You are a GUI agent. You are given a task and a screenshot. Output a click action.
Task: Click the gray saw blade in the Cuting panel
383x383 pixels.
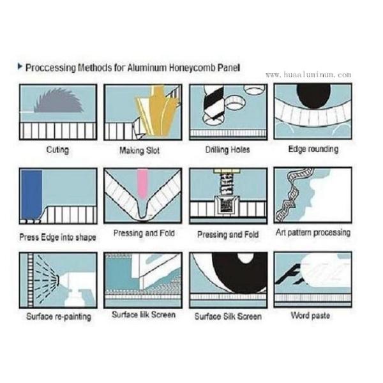[x=59, y=102]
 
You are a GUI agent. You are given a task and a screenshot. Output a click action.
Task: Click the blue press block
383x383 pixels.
[x=31, y=195]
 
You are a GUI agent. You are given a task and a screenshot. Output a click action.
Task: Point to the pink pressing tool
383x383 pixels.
[x=142, y=184]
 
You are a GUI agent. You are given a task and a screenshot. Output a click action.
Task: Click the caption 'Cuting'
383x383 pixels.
[x=57, y=149]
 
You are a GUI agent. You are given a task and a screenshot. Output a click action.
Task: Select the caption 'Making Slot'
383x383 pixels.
[x=139, y=150]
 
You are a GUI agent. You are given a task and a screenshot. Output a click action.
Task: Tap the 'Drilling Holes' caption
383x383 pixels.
[x=228, y=149]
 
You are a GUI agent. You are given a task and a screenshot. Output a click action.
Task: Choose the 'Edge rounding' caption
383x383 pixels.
[x=313, y=149]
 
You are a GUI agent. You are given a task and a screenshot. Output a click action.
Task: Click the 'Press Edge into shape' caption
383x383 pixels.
[x=57, y=237]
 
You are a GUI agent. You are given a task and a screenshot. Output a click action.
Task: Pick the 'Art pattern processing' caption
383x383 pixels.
[x=313, y=232]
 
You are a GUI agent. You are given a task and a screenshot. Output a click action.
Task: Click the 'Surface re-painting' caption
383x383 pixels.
[x=59, y=317]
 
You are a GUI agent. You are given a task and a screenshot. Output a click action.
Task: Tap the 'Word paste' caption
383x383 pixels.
[x=310, y=315]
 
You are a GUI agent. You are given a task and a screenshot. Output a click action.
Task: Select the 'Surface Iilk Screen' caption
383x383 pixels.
[x=144, y=314]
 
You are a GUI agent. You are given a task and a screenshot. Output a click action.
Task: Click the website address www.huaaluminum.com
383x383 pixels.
[x=308, y=75]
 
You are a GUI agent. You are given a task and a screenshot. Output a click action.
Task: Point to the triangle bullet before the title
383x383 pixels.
[x=20, y=66]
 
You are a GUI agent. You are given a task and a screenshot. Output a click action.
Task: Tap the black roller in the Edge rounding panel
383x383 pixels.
[x=313, y=96]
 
